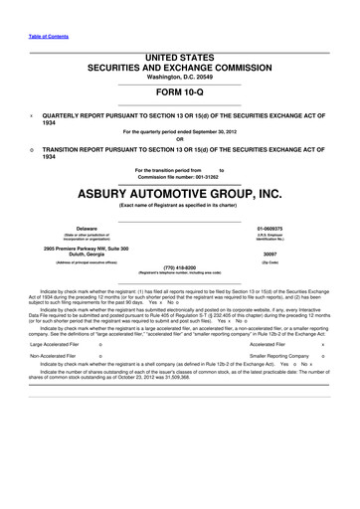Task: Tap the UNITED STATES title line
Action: [179, 60]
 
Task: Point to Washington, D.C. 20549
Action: [179, 81]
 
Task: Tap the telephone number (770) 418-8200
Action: [180, 267]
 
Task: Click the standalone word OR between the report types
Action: [179, 137]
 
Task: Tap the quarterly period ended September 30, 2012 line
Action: [179, 130]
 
